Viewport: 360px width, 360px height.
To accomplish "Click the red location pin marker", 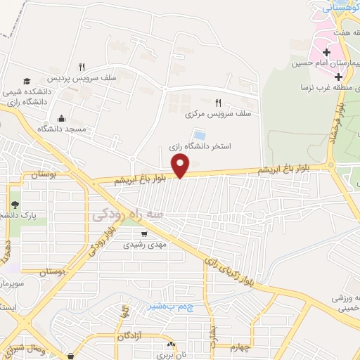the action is (x=181, y=167).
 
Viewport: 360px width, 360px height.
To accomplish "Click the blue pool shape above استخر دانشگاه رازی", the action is (x=200, y=134).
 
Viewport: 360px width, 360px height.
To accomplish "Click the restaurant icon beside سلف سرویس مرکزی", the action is (x=218, y=102).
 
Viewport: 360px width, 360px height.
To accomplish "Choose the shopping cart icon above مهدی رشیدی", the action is (x=143, y=235).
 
